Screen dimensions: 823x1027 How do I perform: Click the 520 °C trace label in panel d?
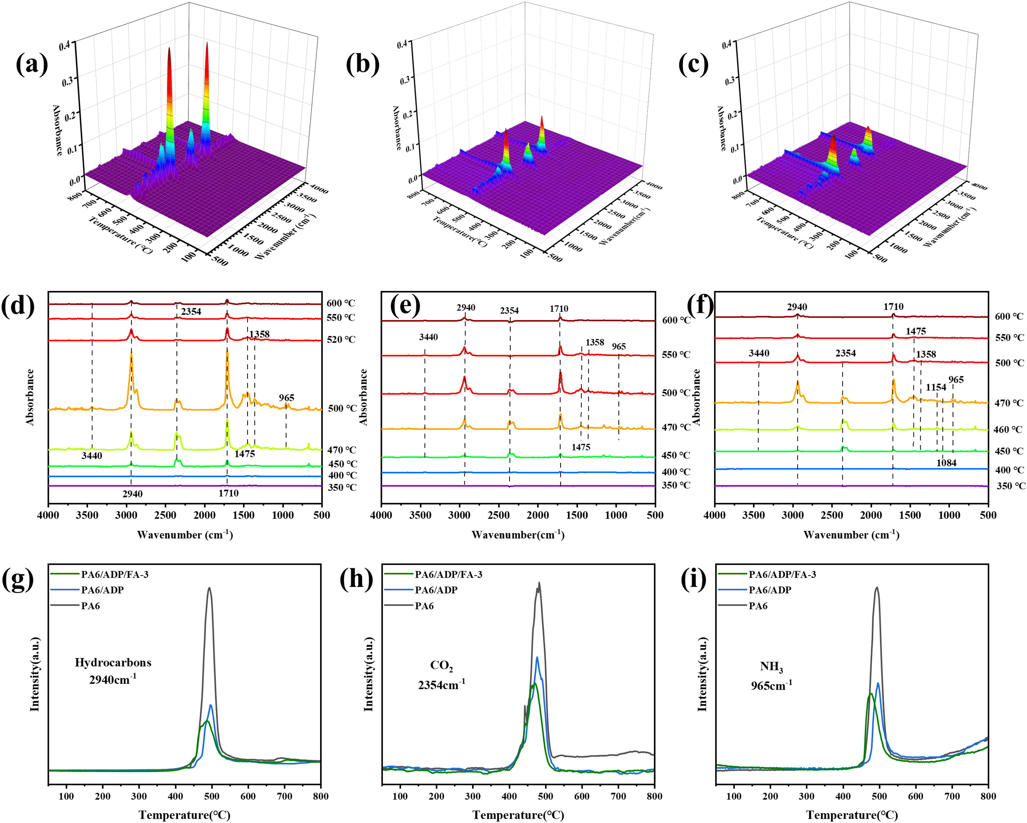click(x=341, y=340)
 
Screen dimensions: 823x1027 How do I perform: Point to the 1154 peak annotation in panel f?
click(x=936, y=387)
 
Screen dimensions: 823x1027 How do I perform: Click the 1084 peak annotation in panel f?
click(x=946, y=463)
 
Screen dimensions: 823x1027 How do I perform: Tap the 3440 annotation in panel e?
click(x=428, y=337)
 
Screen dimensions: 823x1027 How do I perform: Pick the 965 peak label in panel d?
click(x=286, y=398)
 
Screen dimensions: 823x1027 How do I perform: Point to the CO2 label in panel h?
click(x=442, y=666)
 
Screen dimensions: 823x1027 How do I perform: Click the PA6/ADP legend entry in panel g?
click(x=102, y=590)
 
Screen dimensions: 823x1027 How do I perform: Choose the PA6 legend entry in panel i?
click(x=758, y=606)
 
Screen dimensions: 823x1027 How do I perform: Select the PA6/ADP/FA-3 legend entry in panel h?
click(x=448, y=574)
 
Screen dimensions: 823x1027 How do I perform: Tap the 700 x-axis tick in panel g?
click(x=284, y=796)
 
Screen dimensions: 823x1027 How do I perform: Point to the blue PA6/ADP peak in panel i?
click(x=878, y=684)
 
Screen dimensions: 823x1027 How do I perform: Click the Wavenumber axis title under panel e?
click(x=518, y=535)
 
